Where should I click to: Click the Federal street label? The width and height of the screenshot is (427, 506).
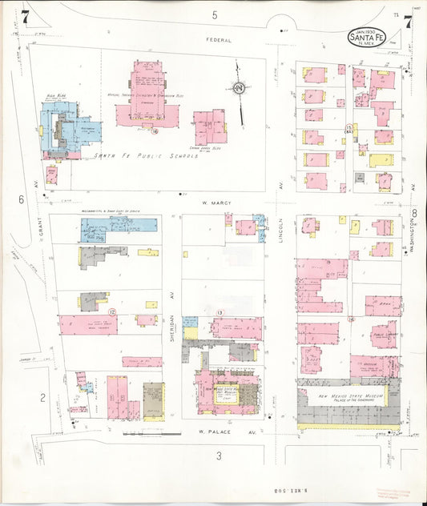pyautogui.click(x=218, y=38)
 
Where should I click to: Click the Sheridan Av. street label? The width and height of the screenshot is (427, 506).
pyautogui.click(x=171, y=303)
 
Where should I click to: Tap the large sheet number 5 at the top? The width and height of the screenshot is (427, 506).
pyautogui.click(x=215, y=15)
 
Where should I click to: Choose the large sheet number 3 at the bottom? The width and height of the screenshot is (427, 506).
pyautogui.click(x=218, y=456)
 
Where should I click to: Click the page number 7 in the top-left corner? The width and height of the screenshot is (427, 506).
pyautogui.click(x=26, y=16)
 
